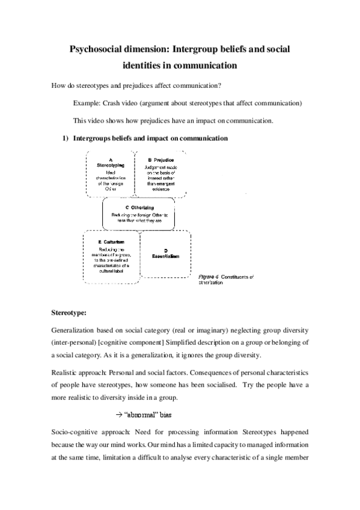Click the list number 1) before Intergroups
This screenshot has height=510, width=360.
tap(67, 138)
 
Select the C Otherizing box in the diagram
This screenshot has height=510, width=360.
tap(143, 207)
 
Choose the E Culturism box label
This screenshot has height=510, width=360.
tap(111, 241)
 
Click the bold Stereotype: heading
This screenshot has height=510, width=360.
tap(69, 313)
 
